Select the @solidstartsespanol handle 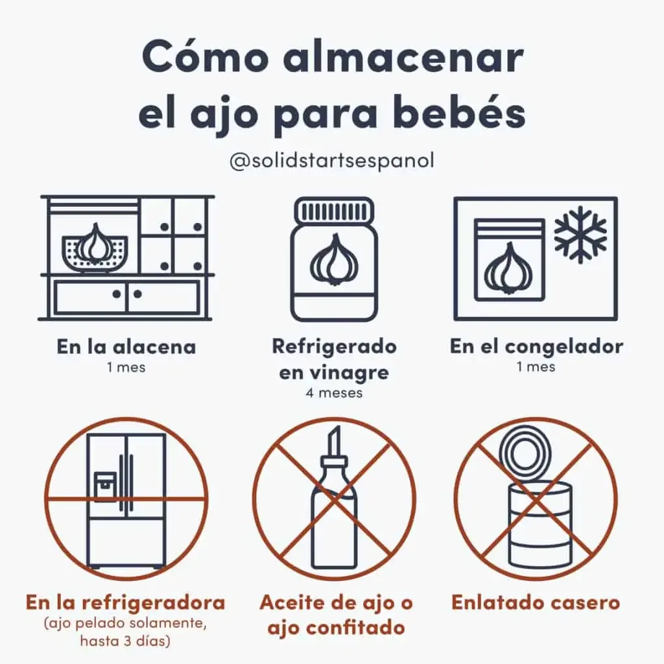(332, 161)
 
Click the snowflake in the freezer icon (580, 234)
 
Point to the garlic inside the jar (335, 261)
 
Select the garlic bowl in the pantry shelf (95, 251)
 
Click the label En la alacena (126, 348)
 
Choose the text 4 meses (334, 393)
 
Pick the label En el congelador (536, 347)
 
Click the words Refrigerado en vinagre (334, 359)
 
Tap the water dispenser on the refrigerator (105, 487)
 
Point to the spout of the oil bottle (334, 440)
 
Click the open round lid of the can (525, 453)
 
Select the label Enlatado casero (536, 602)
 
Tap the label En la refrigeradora (125, 602)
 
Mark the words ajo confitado (337, 628)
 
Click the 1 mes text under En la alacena (126, 367)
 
